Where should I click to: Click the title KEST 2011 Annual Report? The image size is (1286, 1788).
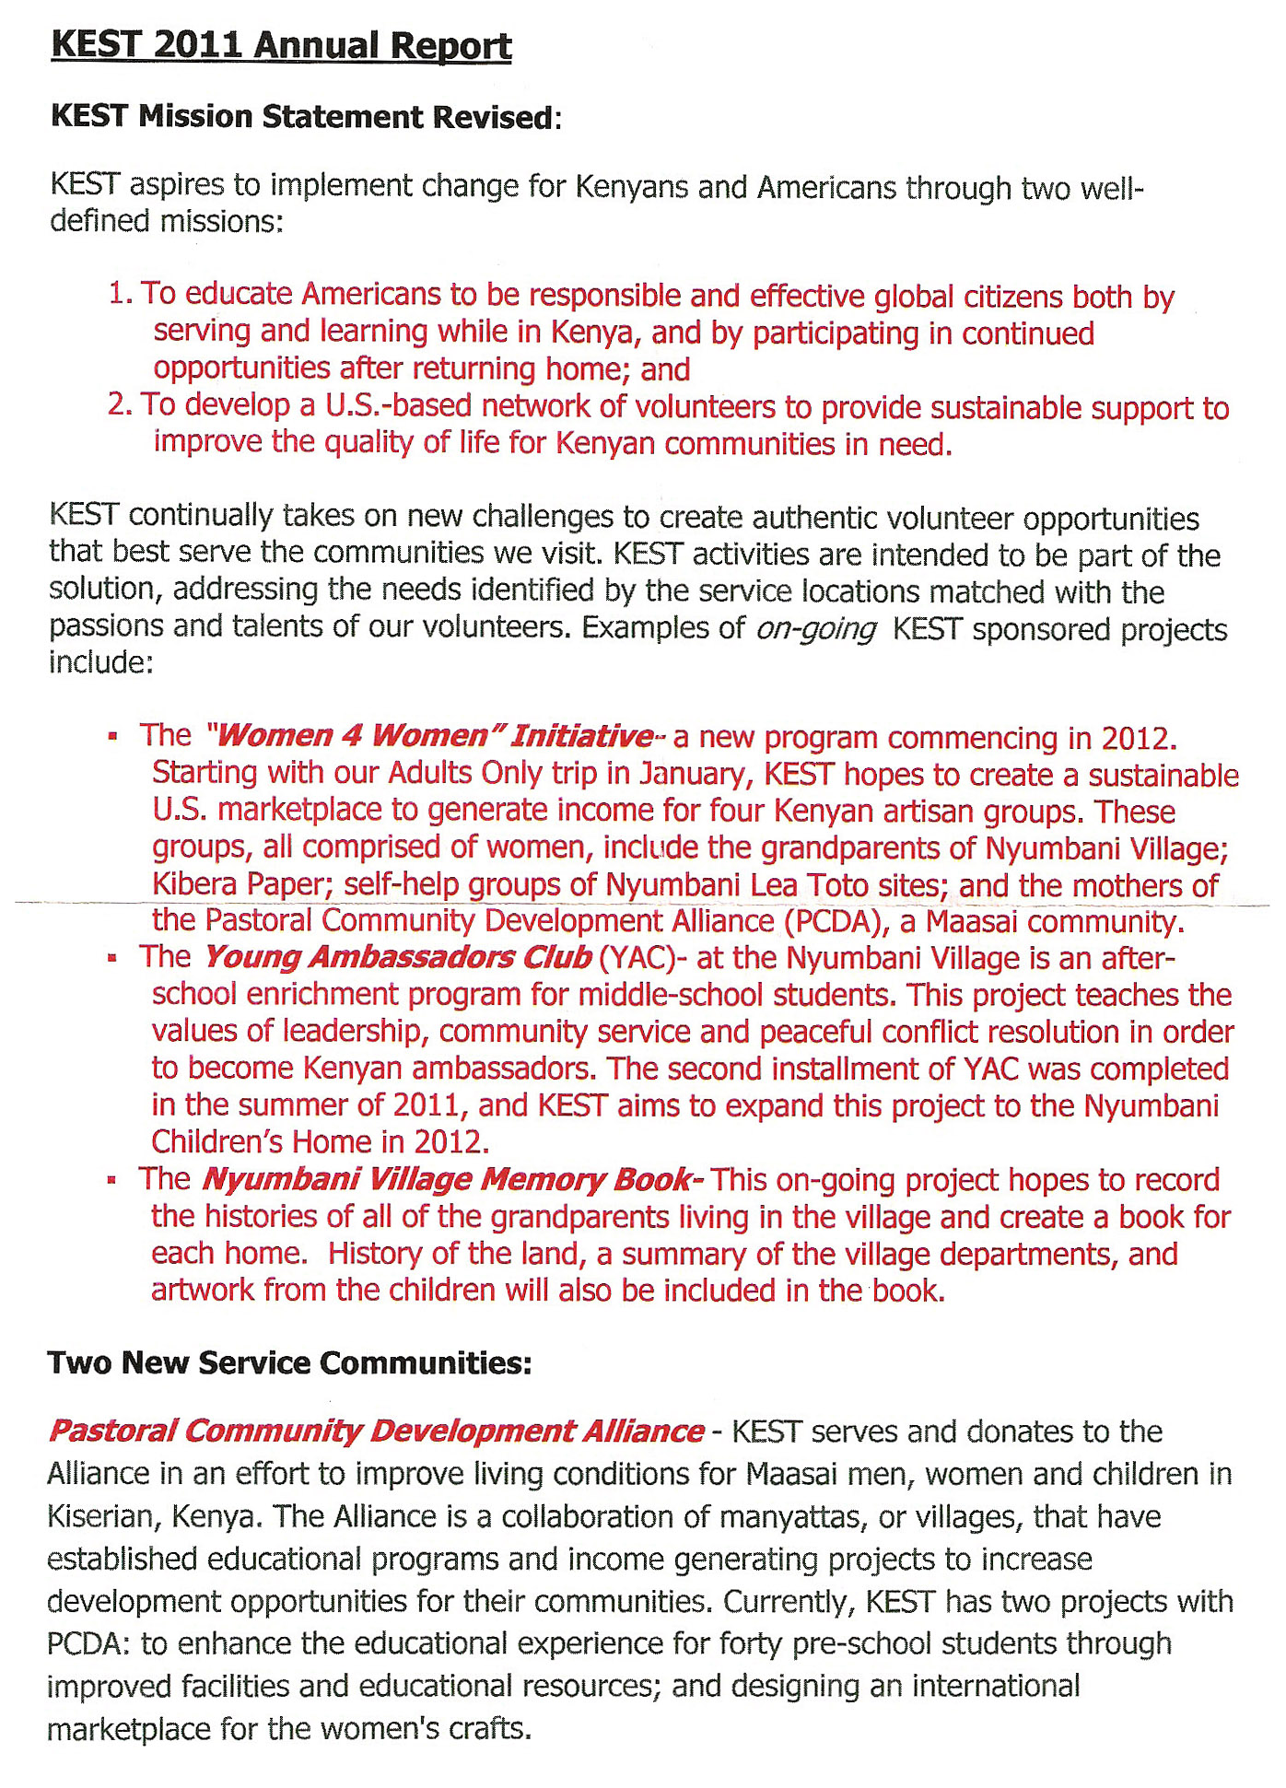click(x=281, y=46)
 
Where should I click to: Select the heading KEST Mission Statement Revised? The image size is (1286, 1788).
click(x=305, y=118)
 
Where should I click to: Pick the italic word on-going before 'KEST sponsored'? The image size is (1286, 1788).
click(x=815, y=629)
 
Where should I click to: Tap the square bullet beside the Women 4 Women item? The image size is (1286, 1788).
click(x=112, y=737)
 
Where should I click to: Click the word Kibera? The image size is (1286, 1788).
click(x=195, y=884)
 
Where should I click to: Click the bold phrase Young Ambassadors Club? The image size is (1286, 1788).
click(x=397, y=957)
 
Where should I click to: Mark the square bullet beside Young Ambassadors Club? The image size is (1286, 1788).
click(x=112, y=958)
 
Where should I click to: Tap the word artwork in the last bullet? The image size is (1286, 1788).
click(x=204, y=1290)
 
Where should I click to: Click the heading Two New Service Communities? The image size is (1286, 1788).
click(x=289, y=1363)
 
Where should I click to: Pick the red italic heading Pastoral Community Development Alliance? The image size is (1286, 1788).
click(x=376, y=1432)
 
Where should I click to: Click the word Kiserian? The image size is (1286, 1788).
click(x=101, y=1517)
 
